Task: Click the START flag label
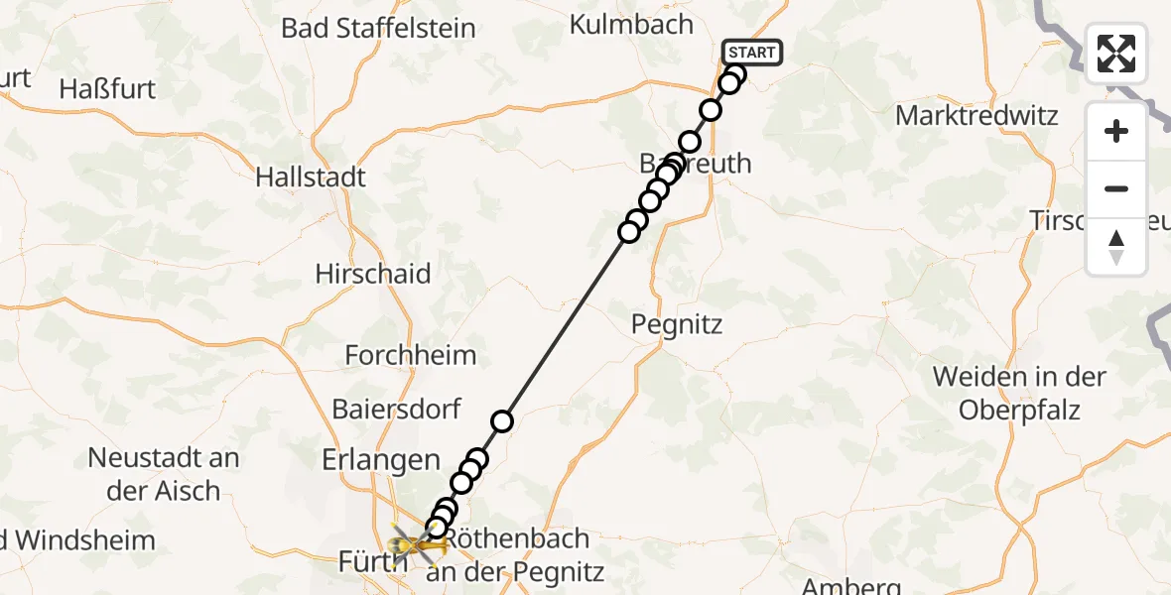pos(753,53)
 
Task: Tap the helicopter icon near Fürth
pos(416,544)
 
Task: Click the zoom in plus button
pos(1116,131)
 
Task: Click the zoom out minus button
pos(1116,188)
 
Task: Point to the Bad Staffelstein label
pos(378,28)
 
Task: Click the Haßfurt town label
pos(107,89)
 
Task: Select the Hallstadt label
pos(311,178)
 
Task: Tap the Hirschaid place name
pos(372,274)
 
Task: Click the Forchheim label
pos(411,354)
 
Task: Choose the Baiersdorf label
pos(397,408)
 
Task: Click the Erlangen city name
pos(380,460)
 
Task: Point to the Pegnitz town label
pos(678,324)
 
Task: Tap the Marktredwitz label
pos(976,115)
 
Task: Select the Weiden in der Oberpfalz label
pos(1019,393)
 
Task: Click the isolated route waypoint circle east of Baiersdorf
pos(502,421)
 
